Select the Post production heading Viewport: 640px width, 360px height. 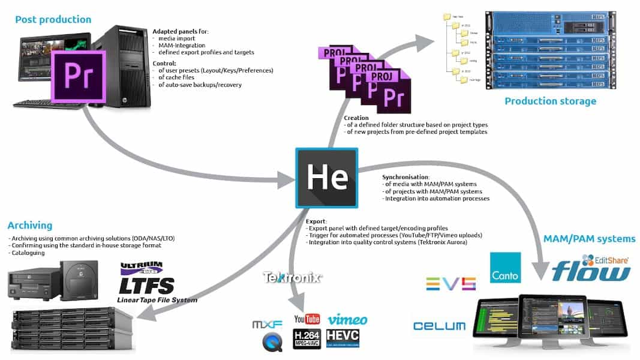[x=53, y=19]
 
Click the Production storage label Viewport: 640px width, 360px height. [x=550, y=101]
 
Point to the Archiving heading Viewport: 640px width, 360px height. [x=30, y=226]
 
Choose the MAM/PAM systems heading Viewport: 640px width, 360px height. [x=588, y=239]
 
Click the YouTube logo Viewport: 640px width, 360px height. [x=307, y=319]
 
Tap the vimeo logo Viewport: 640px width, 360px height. [x=347, y=319]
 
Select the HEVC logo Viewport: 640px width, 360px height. [x=342, y=338]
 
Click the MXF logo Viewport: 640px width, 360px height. [x=267, y=325]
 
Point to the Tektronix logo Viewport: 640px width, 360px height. [x=293, y=277]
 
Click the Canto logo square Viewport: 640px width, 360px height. [x=505, y=268]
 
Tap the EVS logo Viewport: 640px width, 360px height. [x=450, y=284]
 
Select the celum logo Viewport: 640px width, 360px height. [x=439, y=326]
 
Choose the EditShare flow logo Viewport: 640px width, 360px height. [x=591, y=269]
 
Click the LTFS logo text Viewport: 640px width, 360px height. [x=146, y=285]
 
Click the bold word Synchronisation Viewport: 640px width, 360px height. [x=405, y=177]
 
